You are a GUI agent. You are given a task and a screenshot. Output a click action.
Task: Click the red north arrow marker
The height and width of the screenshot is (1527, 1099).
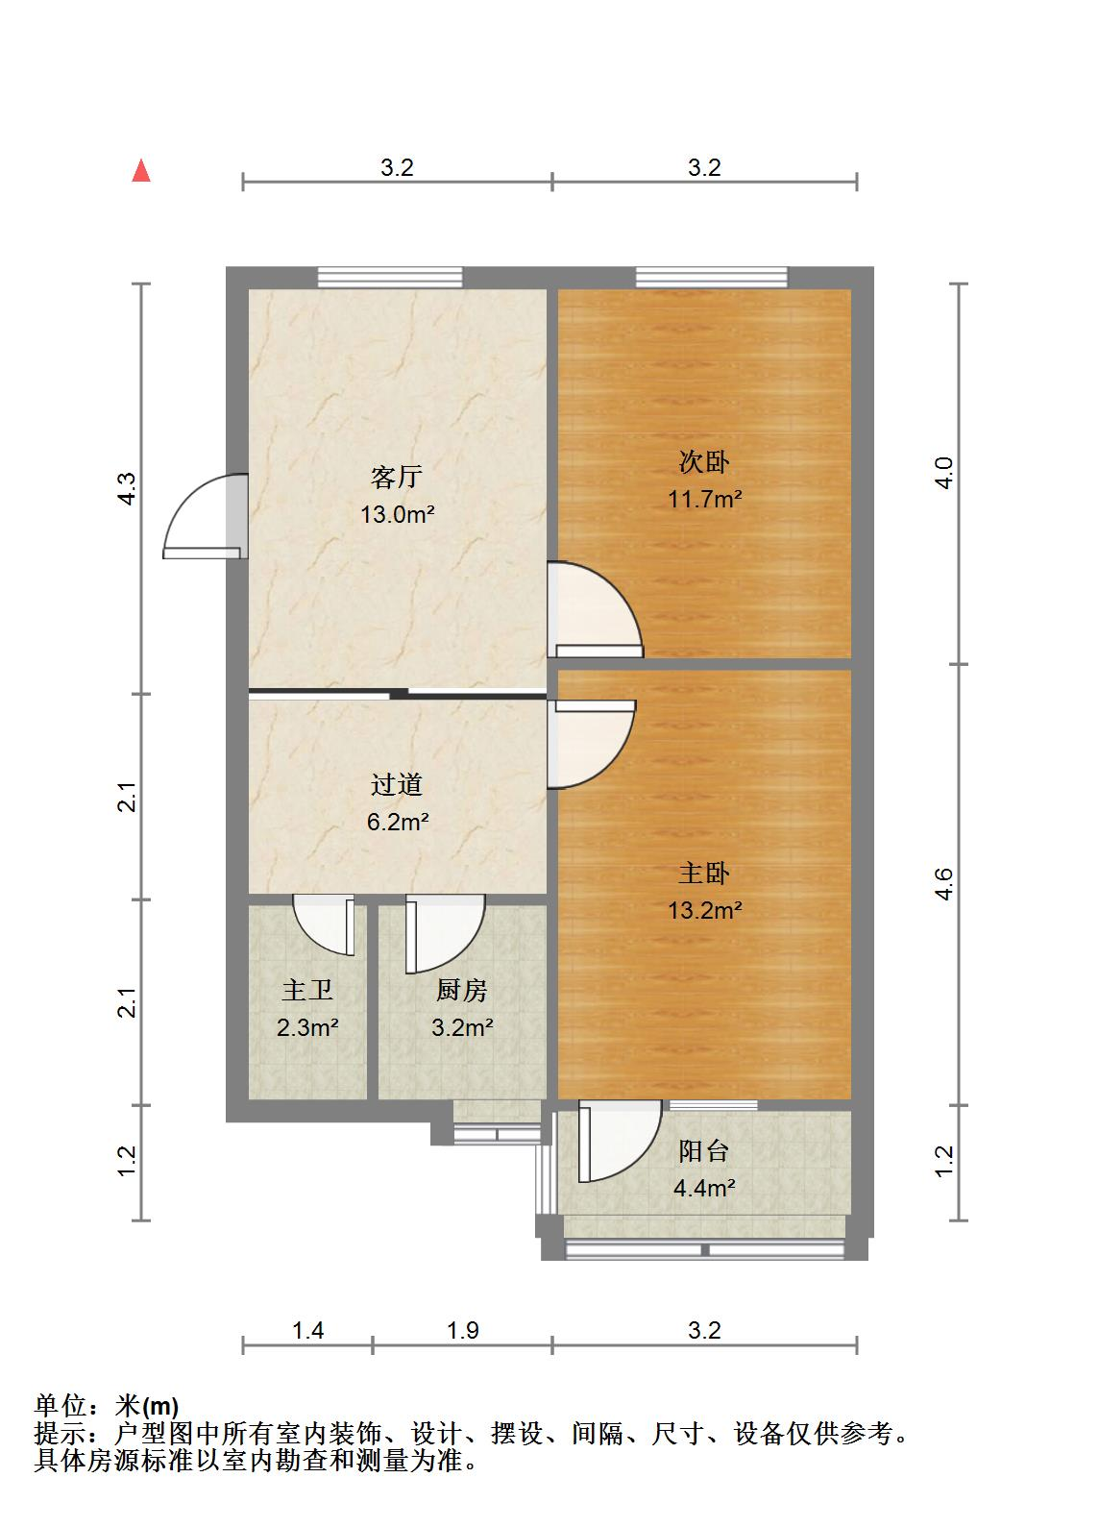[141, 171]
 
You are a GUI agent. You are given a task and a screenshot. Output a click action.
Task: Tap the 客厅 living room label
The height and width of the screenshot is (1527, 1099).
[397, 477]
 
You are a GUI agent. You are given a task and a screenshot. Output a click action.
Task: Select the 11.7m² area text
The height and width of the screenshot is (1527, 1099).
[704, 499]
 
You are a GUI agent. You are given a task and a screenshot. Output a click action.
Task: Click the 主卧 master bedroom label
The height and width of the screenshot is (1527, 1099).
[704, 873]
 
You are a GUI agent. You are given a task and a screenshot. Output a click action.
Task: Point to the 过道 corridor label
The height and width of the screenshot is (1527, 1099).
[397, 785]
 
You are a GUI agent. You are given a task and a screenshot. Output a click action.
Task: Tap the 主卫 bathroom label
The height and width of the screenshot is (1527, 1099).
[307, 990]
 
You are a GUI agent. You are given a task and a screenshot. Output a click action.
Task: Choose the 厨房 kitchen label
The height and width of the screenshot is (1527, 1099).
[462, 990]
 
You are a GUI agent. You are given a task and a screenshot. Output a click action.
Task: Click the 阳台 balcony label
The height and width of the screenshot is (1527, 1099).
[704, 1150]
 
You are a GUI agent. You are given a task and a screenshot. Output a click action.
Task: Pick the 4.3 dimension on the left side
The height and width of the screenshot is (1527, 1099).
[128, 489]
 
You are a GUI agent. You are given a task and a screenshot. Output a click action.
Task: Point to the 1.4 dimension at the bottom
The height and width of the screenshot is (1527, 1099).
[307, 1330]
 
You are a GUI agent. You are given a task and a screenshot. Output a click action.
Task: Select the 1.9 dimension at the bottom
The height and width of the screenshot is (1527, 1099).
[462, 1330]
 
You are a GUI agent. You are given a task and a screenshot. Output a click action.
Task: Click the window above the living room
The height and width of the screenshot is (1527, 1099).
[390, 277]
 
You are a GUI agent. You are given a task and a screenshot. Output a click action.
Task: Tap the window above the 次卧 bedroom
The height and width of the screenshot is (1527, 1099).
[711, 277]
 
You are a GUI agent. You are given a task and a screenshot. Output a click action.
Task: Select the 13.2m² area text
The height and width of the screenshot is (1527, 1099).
[704, 909]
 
